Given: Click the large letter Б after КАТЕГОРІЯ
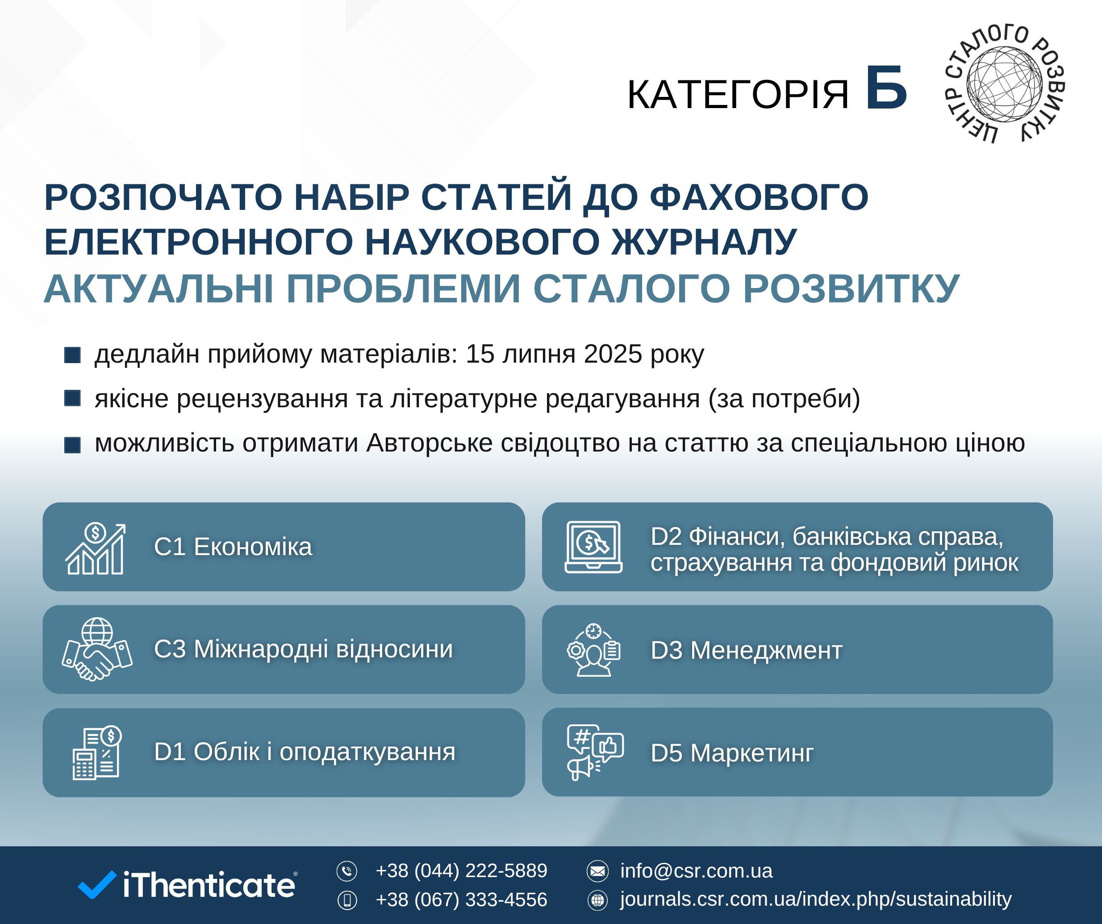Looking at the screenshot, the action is tap(886, 88).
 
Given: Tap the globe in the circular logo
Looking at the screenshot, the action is tap(1004, 84).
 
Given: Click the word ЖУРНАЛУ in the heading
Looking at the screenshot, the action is tap(704, 242).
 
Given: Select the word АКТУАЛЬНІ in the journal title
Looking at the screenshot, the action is tap(159, 289).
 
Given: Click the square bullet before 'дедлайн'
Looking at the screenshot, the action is tap(72, 355).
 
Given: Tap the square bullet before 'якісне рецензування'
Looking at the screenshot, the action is tap(72, 398).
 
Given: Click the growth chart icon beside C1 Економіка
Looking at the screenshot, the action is tap(96, 548).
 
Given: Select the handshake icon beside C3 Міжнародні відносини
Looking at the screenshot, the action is tap(97, 649).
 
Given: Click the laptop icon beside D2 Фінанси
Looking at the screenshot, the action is tap(593, 547).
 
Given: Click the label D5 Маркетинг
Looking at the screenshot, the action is tap(732, 753).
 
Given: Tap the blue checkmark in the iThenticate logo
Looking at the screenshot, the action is tap(97, 885).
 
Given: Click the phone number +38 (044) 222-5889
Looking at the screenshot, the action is tap(461, 871).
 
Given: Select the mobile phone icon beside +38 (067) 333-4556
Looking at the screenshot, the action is tap(347, 900).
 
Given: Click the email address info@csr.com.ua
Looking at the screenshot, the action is tap(697, 871).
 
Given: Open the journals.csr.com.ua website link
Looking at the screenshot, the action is tap(816, 899).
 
